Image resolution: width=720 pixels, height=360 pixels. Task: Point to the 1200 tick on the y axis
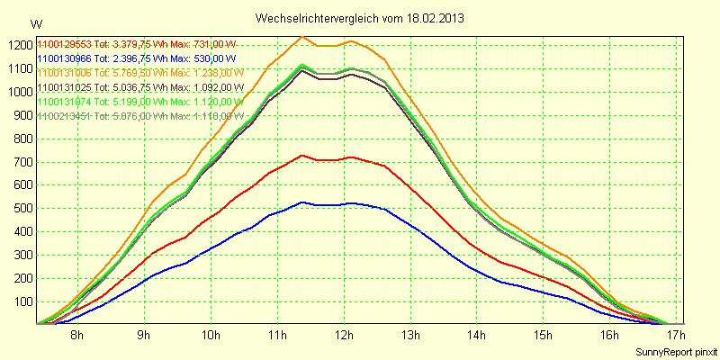tap(18, 45)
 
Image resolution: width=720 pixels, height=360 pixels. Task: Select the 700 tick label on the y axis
tap(21, 161)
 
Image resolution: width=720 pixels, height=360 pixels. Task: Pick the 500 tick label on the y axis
tap(21, 208)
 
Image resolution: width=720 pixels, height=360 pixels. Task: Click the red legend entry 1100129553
tap(65, 44)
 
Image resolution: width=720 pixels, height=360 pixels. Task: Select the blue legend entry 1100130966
tap(65, 58)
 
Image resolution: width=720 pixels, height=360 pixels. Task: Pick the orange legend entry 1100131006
tap(65, 73)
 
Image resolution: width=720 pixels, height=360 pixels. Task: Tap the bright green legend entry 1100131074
tap(65, 102)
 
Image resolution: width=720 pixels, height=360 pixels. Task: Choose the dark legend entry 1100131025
tap(65, 87)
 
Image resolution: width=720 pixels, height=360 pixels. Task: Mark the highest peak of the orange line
tap(301, 37)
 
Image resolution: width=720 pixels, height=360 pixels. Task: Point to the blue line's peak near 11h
tap(302, 202)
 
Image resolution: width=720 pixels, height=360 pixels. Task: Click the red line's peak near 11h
tap(302, 156)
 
